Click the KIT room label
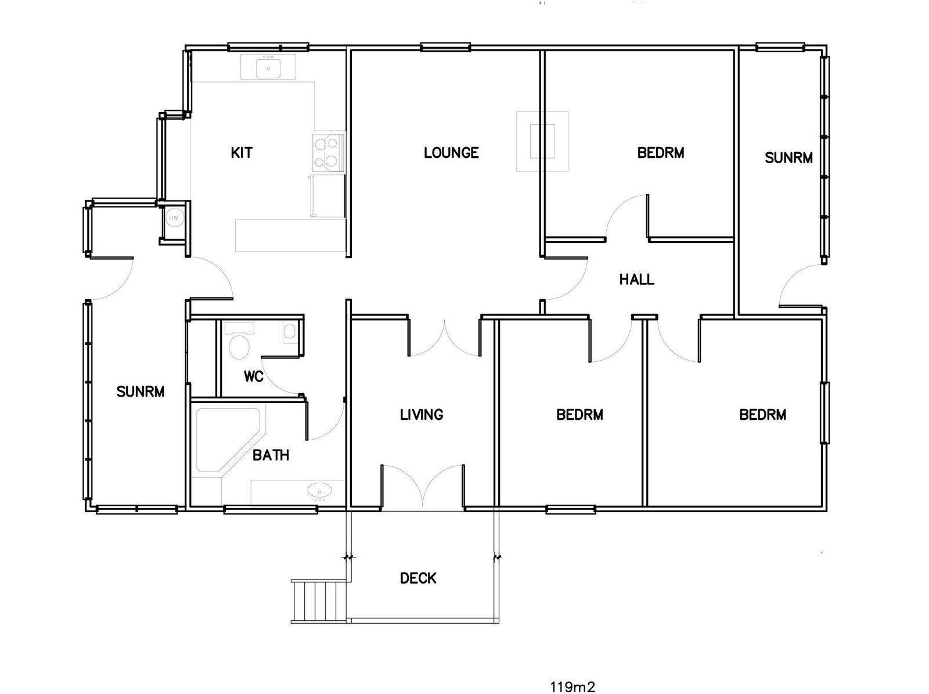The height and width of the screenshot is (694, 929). tap(242, 153)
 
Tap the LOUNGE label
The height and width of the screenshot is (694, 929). tap(451, 153)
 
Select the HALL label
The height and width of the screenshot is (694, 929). tap(636, 279)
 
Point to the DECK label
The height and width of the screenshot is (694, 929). tap(418, 578)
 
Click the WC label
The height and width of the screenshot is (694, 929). tap(254, 376)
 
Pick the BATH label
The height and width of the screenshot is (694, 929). tap(271, 455)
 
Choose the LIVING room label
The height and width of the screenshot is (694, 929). tap(422, 415)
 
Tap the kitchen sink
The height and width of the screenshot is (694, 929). tap(268, 68)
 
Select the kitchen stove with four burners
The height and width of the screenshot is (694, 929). tap(327, 152)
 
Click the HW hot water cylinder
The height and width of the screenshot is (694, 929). tap(173, 218)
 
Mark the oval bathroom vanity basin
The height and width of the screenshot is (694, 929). tap(319, 491)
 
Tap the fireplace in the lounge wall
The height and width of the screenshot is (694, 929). tap(542, 141)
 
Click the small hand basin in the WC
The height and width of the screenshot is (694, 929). tap(290, 332)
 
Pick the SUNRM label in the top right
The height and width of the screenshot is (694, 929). tap(788, 157)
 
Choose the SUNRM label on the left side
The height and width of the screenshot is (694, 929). tap(141, 391)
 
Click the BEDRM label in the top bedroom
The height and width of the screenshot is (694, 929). tap(661, 153)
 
